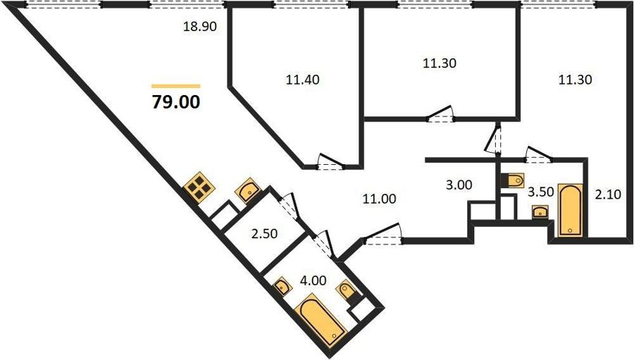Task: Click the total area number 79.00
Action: [176, 101]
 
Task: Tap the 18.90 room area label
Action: [200, 27]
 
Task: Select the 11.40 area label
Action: [303, 80]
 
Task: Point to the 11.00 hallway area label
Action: [379, 199]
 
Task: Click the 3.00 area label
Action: [459, 185]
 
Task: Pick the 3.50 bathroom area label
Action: [540, 192]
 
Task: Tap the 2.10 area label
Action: [608, 194]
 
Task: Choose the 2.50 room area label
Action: [264, 234]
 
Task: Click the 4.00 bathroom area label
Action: [313, 280]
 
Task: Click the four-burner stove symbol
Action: [199, 187]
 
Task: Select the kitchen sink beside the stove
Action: [247, 190]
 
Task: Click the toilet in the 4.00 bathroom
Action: [347, 290]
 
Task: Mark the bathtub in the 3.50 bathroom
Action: [571, 210]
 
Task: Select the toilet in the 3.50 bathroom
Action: [513, 180]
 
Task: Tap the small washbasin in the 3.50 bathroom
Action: [540, 212]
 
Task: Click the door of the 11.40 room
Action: [331, 162]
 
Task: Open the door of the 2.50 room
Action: [289, 206]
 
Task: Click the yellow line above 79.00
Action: [176, 86]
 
